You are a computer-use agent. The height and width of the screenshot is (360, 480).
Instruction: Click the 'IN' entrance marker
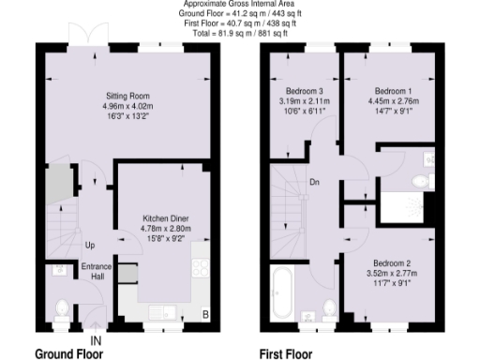click(95, 339)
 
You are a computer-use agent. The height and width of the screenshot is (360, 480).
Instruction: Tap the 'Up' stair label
click(89, 246)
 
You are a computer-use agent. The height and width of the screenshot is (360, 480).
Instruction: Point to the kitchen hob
click(201, 268)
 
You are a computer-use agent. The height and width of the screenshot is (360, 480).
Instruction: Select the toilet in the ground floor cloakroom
click(61, 308)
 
